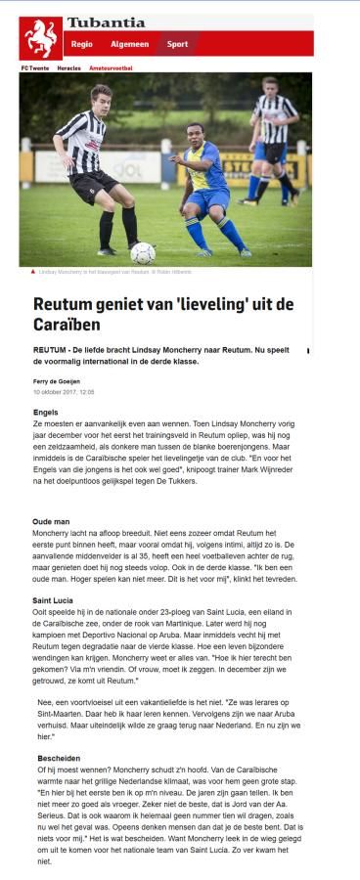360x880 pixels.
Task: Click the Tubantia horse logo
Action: (42, 38)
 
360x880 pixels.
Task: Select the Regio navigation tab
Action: (82, 44)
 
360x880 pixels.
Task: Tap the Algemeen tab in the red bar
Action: (129, 44)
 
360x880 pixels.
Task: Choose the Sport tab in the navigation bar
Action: (177, 44)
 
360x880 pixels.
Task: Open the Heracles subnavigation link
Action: (67, 67)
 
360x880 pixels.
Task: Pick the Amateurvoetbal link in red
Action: (111, 67)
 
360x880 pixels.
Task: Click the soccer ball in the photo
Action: (143, 252)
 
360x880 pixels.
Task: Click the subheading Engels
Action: (45, 413)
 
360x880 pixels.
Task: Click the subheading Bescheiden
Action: (58, 759)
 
